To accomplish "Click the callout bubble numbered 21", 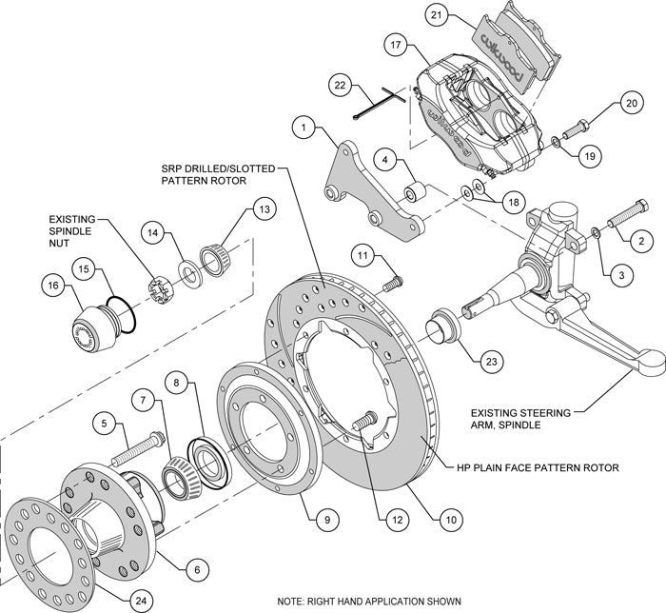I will [462, 16].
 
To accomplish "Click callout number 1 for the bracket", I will [303, 125].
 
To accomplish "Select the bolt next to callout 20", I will [578, 126].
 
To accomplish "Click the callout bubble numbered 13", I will [263, 210].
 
